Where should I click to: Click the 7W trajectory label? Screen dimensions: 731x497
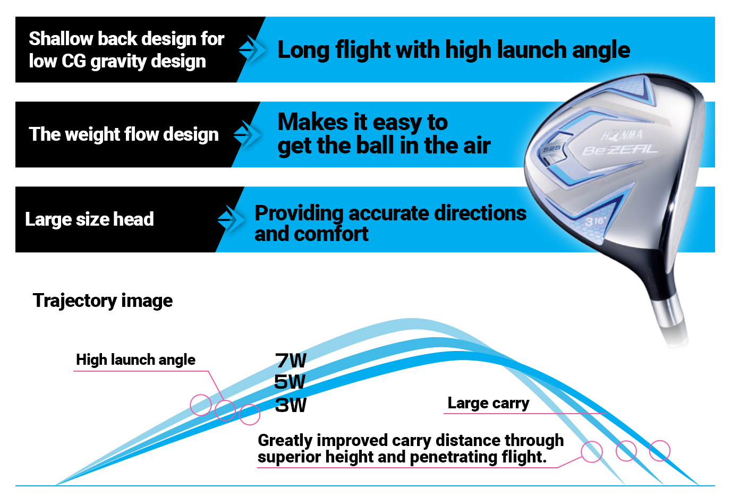click(x=291, y=361)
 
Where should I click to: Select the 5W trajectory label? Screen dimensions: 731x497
click(x=290, y=382)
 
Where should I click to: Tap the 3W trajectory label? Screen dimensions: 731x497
click(x=291, y=405)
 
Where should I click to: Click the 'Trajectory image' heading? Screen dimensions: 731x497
click(x=103, y=301)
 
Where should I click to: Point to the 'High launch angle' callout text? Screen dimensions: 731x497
click(x=135, y=360)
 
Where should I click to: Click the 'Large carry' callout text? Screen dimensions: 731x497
click(x=488, y=404)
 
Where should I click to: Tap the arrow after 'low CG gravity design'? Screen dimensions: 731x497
click(x=252, y=50)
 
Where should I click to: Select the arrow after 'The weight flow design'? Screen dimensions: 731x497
click(x=247, y=135)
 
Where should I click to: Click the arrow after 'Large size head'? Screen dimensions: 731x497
click(x=231, y=219)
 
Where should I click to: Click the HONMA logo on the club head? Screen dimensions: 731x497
click(x=622, y=135)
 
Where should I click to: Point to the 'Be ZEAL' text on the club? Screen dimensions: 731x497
click(x=620, y=150)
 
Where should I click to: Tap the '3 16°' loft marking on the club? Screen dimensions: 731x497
click(x=594, y=221)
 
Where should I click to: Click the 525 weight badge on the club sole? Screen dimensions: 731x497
click(x=551, y=148)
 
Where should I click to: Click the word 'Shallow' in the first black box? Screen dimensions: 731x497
click(x=61, y=39)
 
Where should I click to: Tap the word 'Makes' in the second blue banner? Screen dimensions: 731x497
click(x=313, y=122)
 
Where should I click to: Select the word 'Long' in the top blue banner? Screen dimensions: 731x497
click(x=303, y=51)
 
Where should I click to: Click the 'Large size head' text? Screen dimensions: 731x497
click(x=89, y=219)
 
